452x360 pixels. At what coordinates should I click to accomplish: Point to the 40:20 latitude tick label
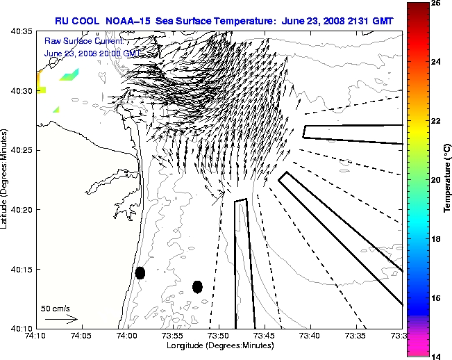(21, 210)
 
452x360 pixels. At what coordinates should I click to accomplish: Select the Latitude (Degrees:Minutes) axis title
(6, 179)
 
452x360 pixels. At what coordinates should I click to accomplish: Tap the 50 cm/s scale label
(56, 308)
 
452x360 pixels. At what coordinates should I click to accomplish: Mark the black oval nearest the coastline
(140, 272)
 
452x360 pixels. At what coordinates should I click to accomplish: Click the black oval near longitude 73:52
(197, 286)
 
